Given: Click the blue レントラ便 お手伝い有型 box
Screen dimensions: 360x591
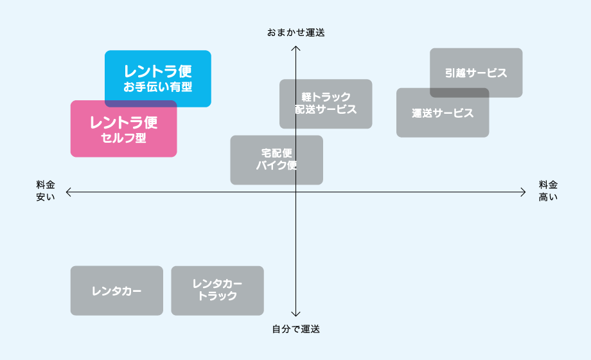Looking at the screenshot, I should coord(158,72).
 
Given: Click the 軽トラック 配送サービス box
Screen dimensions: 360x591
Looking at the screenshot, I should coord(326,104).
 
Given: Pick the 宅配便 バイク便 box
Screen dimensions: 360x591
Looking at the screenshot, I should coord(276,159).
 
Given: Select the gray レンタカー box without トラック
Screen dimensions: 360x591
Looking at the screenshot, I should coord(116,291).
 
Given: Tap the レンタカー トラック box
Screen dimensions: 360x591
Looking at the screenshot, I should coord(217,291).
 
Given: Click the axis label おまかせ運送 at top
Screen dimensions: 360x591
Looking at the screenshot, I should coord(295,32).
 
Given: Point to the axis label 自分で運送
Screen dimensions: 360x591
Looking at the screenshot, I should coord(295,329).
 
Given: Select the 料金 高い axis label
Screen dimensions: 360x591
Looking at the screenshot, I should coord(548,191).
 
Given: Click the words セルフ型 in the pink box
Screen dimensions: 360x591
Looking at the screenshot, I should coord(123,137).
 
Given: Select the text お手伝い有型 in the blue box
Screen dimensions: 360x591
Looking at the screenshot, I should coord(158,87).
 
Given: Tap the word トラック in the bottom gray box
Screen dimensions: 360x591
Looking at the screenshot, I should coord(217,296).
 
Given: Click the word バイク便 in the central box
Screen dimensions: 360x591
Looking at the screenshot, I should coord(276,165).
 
